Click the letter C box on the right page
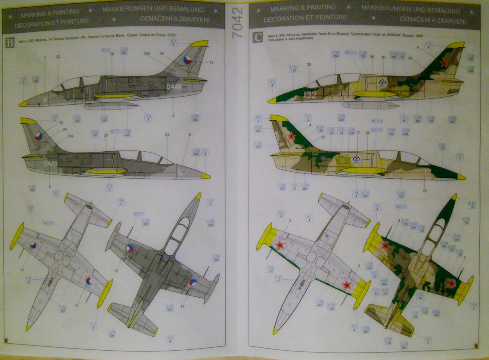[x=258, y=38]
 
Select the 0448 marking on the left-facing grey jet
[x=174, y=86]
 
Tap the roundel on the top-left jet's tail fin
[x=187, y=60]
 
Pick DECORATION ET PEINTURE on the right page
[x=305, y=18]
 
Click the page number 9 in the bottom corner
[x=476, y=346]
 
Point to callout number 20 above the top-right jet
[x=309, y=64]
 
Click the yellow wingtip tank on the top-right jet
[x=375, y=94]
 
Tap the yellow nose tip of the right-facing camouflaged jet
[x=461, y=177]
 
